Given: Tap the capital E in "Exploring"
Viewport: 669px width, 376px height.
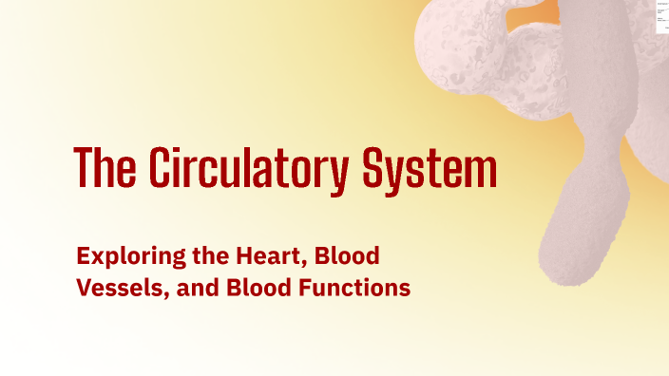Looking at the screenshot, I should click(x=82, y=255).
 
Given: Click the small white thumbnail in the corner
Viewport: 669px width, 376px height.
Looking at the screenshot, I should click(x=660, y=17).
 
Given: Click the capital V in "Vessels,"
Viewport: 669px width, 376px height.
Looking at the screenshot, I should click(x=83, y=288).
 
